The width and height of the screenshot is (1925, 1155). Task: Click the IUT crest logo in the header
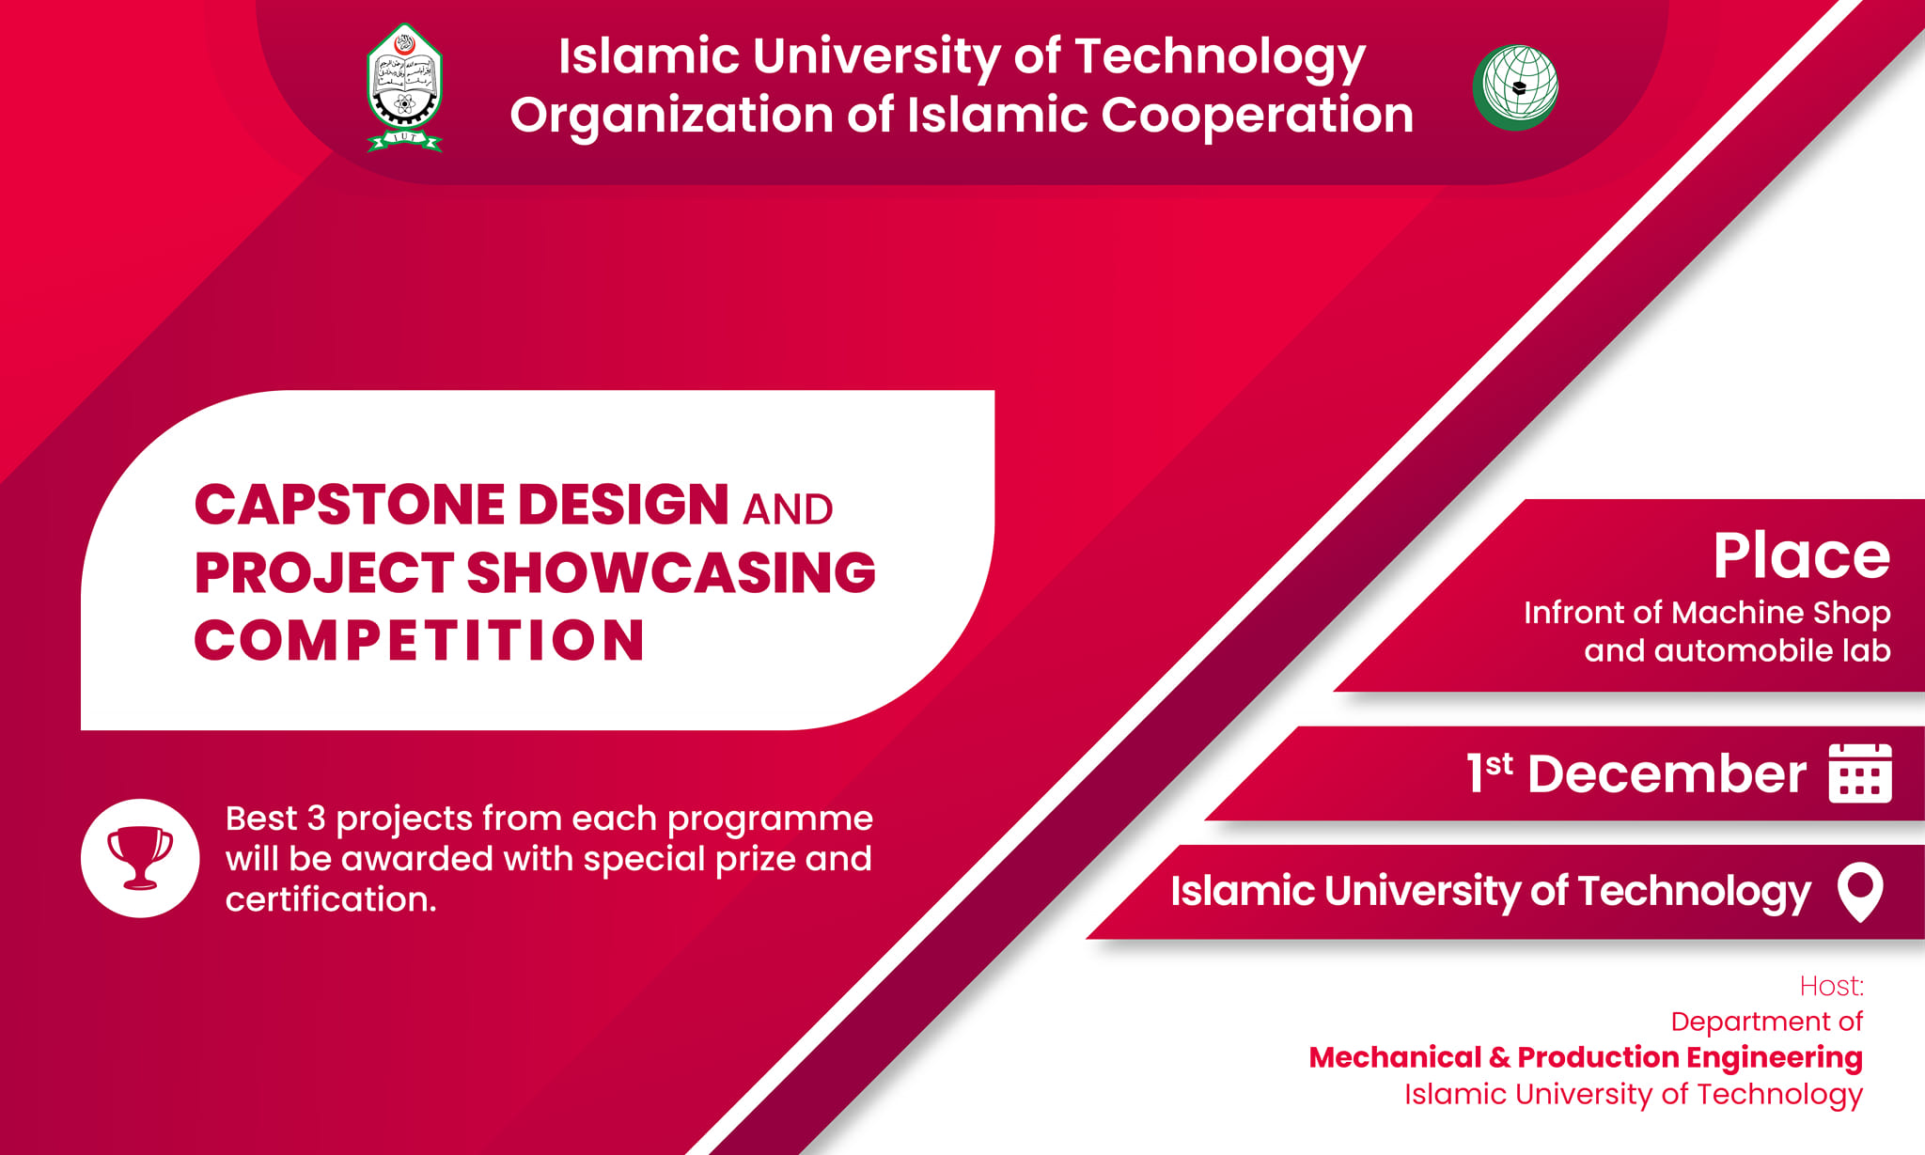click(x=404, y=87)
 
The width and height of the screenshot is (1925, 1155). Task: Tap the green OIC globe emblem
click(x=1515, y=86)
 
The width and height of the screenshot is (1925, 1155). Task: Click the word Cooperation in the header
click(x=1257, y=116)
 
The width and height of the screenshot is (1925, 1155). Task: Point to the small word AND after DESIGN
click(x=788, y=509)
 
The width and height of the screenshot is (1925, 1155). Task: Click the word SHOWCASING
click(x=671, y=572)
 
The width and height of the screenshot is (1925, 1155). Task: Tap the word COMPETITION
click(x=419, y=640)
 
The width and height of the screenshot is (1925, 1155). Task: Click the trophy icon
click(x=140, y=857)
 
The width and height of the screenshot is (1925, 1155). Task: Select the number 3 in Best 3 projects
click(x=316, y=819)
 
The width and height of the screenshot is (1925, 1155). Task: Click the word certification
click(x=331, y=899)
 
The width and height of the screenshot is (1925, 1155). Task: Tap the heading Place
click(x=1801, y=555)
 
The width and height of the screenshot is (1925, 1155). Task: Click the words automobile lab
click(x=1772, y=650)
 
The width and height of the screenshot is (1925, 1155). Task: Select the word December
click(x=1667, y=774)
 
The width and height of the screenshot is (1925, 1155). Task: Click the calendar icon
click(x=1860, y=773)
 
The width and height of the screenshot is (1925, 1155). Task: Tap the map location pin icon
click(x=1860, y=890)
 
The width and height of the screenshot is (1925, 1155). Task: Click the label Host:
click(x=1831, y=986)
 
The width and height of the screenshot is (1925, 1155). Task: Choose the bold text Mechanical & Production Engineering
click(x=1586, y=1057)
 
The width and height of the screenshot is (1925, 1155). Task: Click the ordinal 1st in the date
click(x=1490, y=772)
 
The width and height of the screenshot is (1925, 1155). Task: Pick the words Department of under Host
click(x=1767, y=1022)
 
